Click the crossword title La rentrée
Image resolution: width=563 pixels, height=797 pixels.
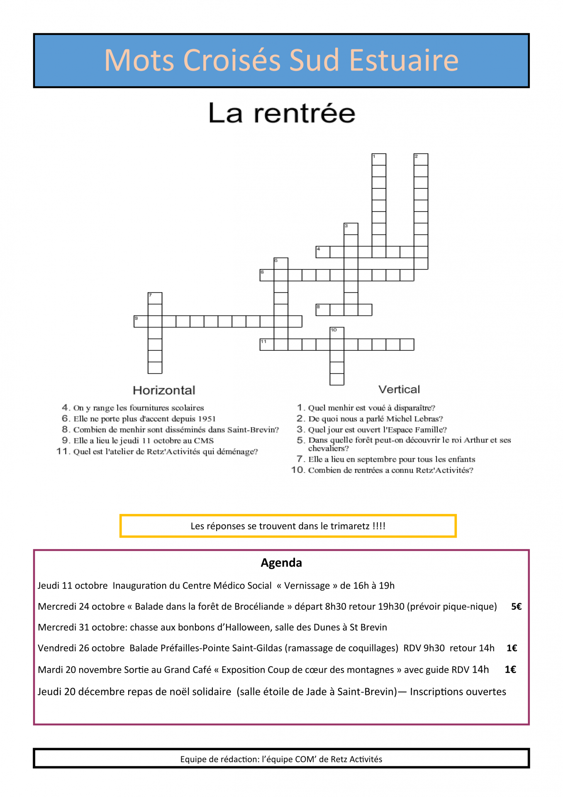(282, 113)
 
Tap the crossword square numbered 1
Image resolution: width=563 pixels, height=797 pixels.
(379, 160)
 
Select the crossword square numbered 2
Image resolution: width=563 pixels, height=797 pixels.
(421, 160)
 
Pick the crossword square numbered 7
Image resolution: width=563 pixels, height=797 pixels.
(155, 298)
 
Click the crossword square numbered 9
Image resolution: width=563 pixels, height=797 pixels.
(141, 321)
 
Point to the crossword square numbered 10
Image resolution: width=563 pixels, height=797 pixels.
(337, 333)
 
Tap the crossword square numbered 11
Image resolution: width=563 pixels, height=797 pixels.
(267, 345)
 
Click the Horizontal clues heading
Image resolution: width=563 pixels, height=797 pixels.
(164, 390)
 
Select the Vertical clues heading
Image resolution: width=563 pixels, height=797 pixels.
(399, 389)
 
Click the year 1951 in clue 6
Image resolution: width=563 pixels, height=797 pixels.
(206, 419)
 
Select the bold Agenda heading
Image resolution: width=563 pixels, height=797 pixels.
(281, 563)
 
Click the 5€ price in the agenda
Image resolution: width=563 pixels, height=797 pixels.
(516, 606)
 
